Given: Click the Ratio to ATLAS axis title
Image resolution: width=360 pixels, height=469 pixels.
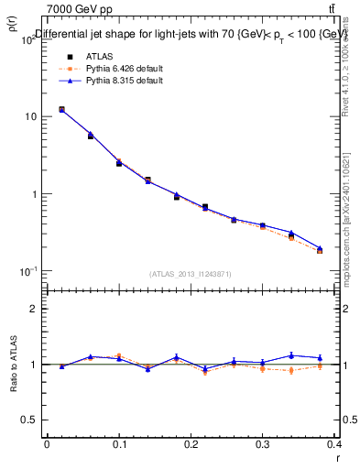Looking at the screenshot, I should tap(15, 365).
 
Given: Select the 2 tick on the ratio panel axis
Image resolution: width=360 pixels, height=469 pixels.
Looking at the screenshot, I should tap(33, 310).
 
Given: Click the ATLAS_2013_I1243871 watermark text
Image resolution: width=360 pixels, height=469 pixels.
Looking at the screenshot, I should tap(191, 275).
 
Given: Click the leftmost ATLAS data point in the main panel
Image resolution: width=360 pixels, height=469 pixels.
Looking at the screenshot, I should tap(61, 109).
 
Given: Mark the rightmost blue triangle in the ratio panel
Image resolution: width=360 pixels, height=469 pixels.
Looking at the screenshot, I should tap(320, 357).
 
